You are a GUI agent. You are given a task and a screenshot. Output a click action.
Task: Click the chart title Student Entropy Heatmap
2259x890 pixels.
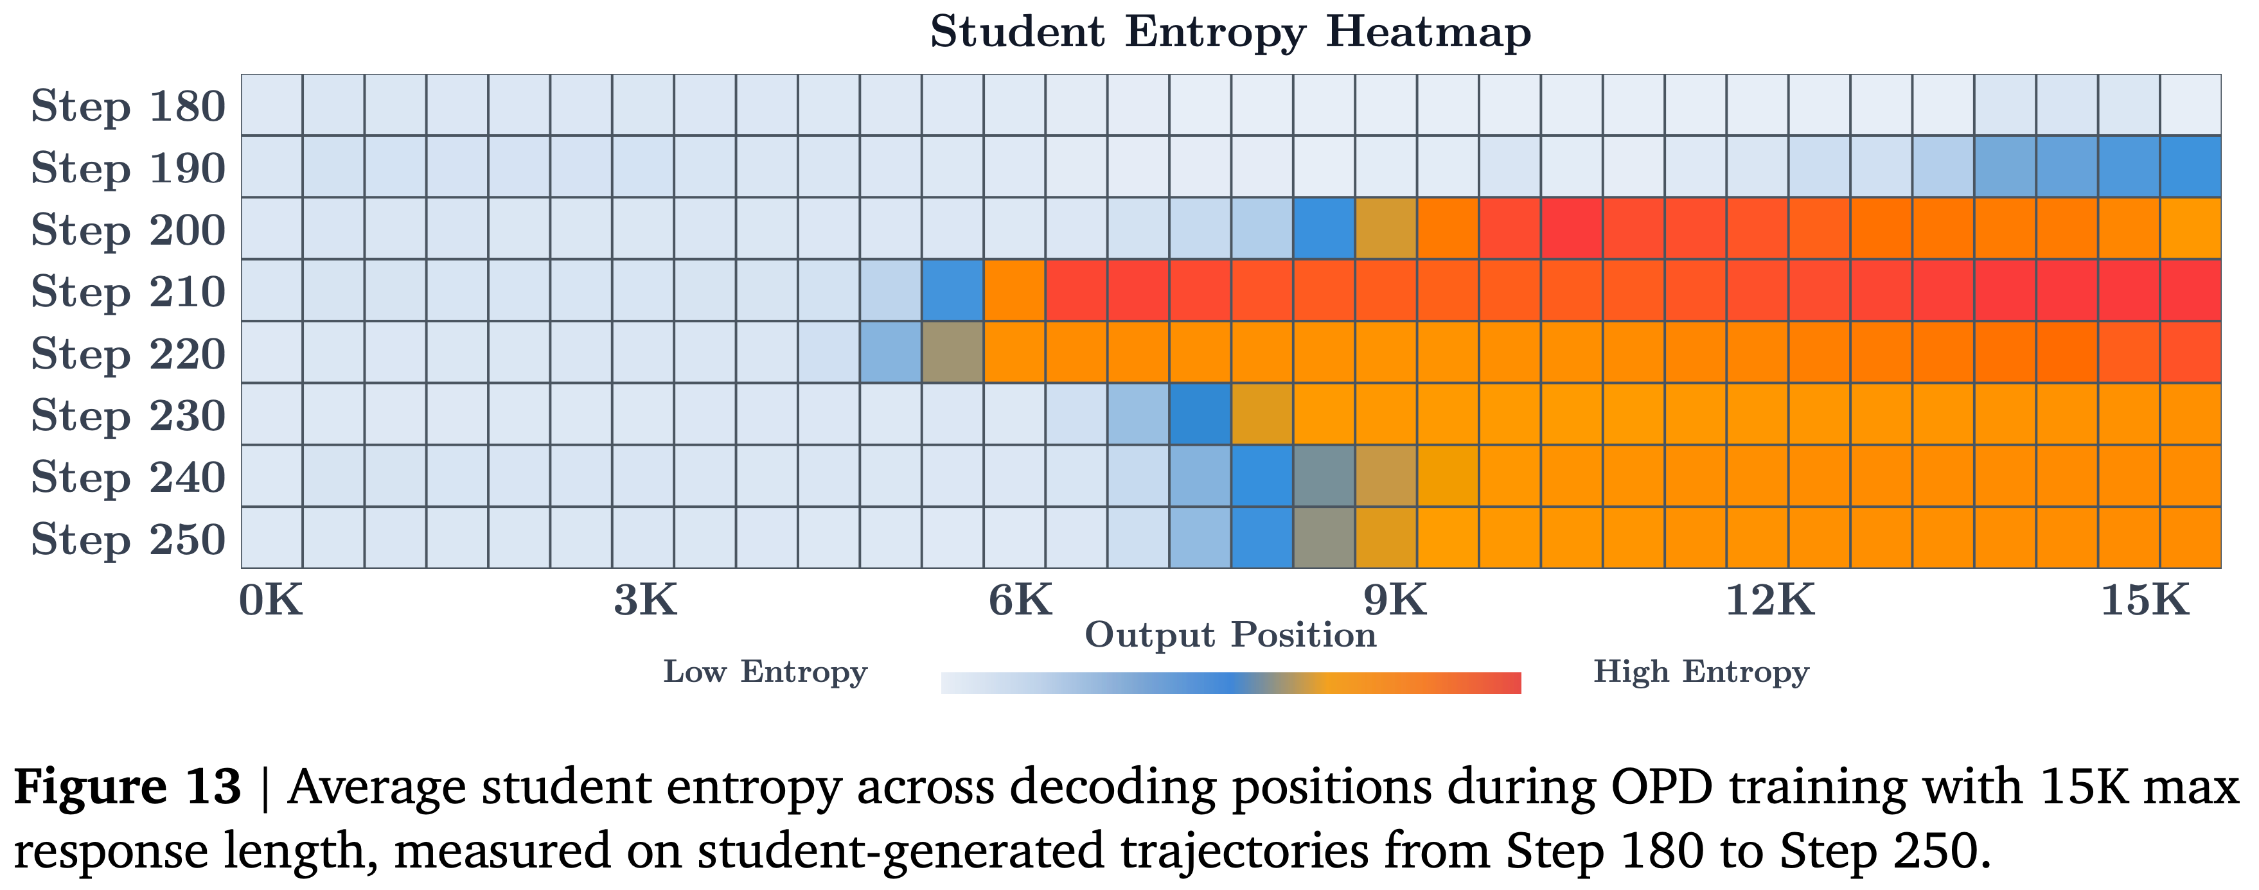(1230, 33)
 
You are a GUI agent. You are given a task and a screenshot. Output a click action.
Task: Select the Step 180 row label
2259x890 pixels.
(128, 107)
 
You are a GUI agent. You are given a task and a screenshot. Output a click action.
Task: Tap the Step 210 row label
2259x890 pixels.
(128, 292)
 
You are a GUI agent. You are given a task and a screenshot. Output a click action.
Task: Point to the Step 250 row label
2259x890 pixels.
(128, 539)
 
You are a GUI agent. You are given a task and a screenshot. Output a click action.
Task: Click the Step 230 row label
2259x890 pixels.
(128, 415)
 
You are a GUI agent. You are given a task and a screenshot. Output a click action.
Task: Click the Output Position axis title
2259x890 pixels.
(1230, 636)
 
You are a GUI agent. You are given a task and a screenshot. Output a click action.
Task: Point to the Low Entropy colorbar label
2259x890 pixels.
(765, 672)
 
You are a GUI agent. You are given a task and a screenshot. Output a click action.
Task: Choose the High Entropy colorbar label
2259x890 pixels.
(1701, 672)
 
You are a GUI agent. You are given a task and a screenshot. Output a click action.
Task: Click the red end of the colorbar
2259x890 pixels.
(1510, 684)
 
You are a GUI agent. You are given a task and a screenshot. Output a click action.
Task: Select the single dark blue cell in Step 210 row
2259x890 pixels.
(952, 290)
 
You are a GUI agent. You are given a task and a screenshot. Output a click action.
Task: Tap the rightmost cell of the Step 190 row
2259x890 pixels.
(2190, 166)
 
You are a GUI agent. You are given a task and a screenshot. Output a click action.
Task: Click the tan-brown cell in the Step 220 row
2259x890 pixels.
(952, 353)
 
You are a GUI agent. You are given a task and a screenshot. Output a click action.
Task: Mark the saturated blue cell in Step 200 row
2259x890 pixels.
(1324, 228)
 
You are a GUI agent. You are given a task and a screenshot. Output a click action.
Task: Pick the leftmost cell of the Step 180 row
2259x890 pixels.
(272, 105)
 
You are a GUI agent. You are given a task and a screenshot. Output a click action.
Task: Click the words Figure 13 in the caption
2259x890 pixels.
(127, 787)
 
